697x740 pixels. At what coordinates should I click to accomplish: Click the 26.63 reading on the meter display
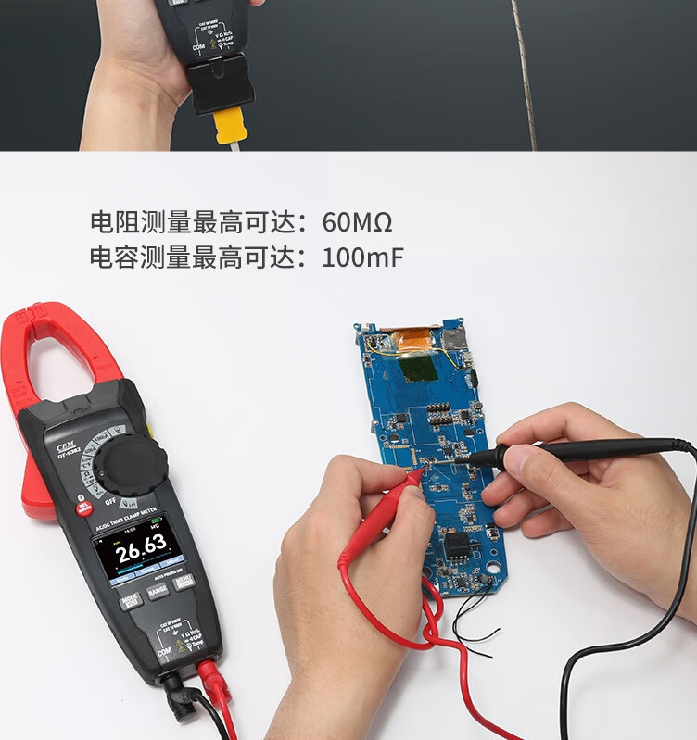141,546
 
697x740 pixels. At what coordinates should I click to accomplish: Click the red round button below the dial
84,507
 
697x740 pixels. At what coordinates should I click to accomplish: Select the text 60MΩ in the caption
357,222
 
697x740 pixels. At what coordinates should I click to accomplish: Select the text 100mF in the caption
362,257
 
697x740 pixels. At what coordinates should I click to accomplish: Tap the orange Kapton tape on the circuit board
409,340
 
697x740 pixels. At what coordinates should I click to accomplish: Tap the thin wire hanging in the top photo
524,74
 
